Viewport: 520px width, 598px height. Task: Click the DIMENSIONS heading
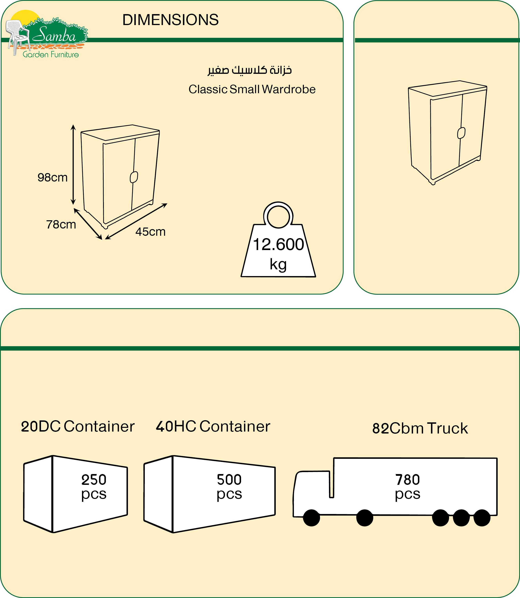[170, 20]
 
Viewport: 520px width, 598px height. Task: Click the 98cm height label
[53, 177]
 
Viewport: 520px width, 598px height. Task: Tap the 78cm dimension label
[61, 224]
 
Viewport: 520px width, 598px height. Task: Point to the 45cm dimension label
[150, 232]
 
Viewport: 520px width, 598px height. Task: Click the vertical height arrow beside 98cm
[73, 165]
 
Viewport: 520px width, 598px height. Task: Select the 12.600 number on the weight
[278, 245]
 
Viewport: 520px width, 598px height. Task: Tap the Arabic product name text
[250, 70]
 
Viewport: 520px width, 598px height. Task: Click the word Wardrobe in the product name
[289, 89]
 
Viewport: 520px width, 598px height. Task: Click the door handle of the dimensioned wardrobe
[134, 177]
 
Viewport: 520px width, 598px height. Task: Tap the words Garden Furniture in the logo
[51, 54]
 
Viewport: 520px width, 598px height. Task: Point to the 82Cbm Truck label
[420, 429]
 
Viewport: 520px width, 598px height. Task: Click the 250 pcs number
[94, 480]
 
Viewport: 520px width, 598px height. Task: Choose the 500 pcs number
[229, 480]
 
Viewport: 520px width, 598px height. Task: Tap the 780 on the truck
[407, 480]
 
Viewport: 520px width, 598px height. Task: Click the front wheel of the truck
[311, 518]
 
